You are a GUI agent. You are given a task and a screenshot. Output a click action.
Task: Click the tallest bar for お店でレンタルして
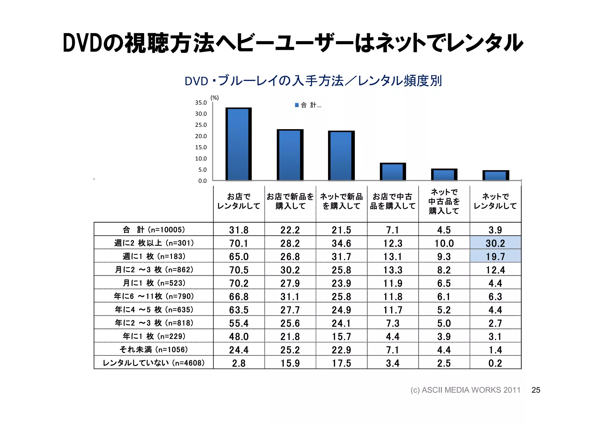tap(238, 144)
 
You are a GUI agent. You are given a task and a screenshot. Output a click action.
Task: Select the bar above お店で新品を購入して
tap(290, 155)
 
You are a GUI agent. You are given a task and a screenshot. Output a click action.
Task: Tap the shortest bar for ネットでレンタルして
tap(496, 175)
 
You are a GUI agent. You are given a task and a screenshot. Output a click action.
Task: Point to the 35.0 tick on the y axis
tap(201, 103)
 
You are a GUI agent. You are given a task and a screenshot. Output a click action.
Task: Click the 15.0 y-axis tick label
tap(201, 147)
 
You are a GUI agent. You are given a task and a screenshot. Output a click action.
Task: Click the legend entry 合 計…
tap(308, 105)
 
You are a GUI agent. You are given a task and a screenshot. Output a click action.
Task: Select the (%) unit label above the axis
tap(215, 98)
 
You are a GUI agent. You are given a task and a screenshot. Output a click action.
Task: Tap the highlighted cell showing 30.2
tap(495, 243)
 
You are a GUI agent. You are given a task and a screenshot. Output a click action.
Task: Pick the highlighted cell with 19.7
tap(495, 256)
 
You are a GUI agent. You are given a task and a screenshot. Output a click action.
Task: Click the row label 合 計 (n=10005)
tap(153, 230)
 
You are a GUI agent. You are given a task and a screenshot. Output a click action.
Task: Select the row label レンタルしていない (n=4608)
tap(153, 363)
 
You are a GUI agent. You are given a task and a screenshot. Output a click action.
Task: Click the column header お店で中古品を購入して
tap(393, 201)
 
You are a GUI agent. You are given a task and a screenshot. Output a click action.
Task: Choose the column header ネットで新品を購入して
tap(341, 201)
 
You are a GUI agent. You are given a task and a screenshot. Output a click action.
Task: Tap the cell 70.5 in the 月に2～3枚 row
tap(239, 270)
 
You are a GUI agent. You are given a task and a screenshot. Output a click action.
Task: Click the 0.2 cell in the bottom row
tap(495, 363)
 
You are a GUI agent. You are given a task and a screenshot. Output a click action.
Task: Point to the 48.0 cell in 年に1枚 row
tap(239, 336)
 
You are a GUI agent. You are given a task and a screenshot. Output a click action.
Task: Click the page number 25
tap(536, 390)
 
